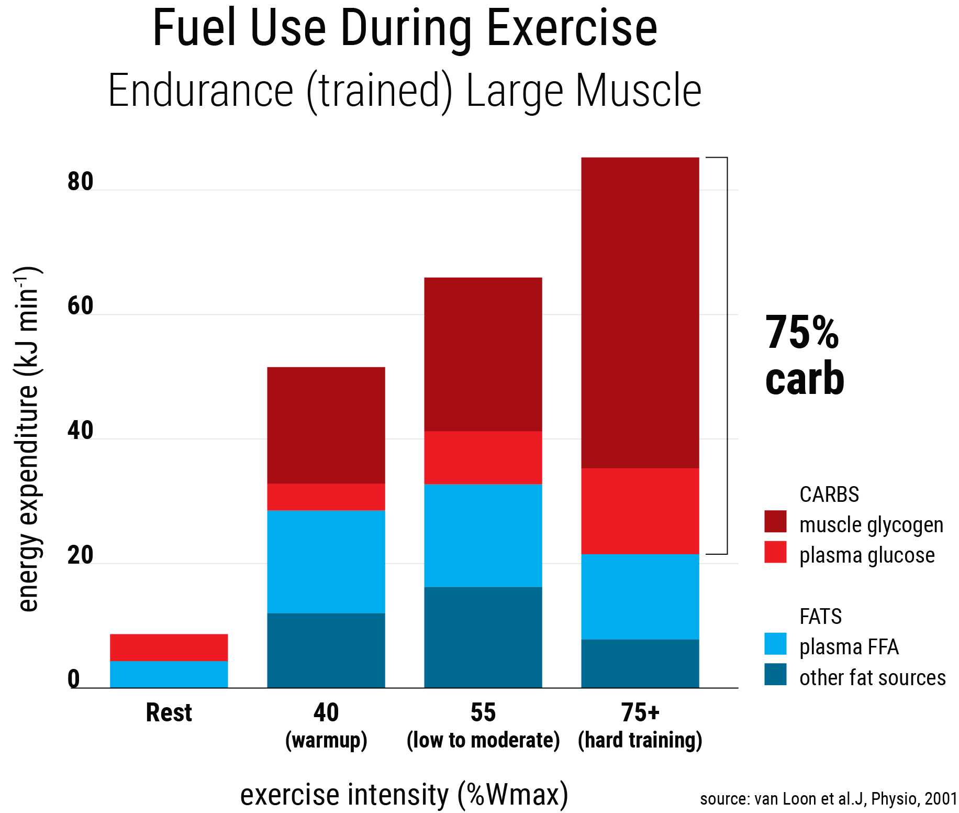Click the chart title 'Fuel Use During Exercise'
point(405,29)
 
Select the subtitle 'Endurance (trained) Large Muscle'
point(405,91)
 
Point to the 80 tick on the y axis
point(80,182)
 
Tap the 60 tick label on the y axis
point(80,306)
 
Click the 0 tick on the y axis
point(74,679)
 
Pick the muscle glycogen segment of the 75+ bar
point(640,313)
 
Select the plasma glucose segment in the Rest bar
point(169,647)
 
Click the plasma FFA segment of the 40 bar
point(326,562)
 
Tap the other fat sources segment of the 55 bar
point(483,637)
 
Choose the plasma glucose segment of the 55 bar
point(483,458)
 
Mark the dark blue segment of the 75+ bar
point(640,663)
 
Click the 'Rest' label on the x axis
point(169,713)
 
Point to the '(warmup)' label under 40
point(326,740)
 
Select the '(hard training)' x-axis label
point(640,740)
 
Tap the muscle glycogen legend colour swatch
point(775,522)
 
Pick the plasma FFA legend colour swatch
point(775,644)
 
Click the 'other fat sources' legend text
point(872,678)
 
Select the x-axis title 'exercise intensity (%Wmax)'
point(404,795)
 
